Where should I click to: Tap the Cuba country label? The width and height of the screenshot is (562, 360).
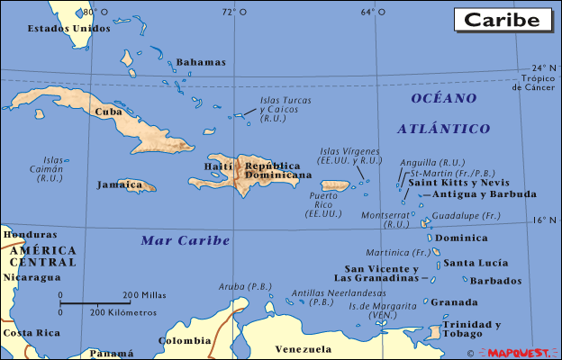108,112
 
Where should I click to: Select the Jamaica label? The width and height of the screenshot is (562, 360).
119,184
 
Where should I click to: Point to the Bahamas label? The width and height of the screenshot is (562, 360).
200,62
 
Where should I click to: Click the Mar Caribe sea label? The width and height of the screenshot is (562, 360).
186,240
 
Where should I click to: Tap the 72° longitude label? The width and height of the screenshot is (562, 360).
229,12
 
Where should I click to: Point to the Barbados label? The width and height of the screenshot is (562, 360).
495,281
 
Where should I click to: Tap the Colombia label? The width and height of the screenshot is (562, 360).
185,340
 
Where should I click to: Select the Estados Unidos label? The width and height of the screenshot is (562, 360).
68,28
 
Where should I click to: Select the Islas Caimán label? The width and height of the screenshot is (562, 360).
52,168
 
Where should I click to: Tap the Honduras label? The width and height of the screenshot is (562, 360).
23,234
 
